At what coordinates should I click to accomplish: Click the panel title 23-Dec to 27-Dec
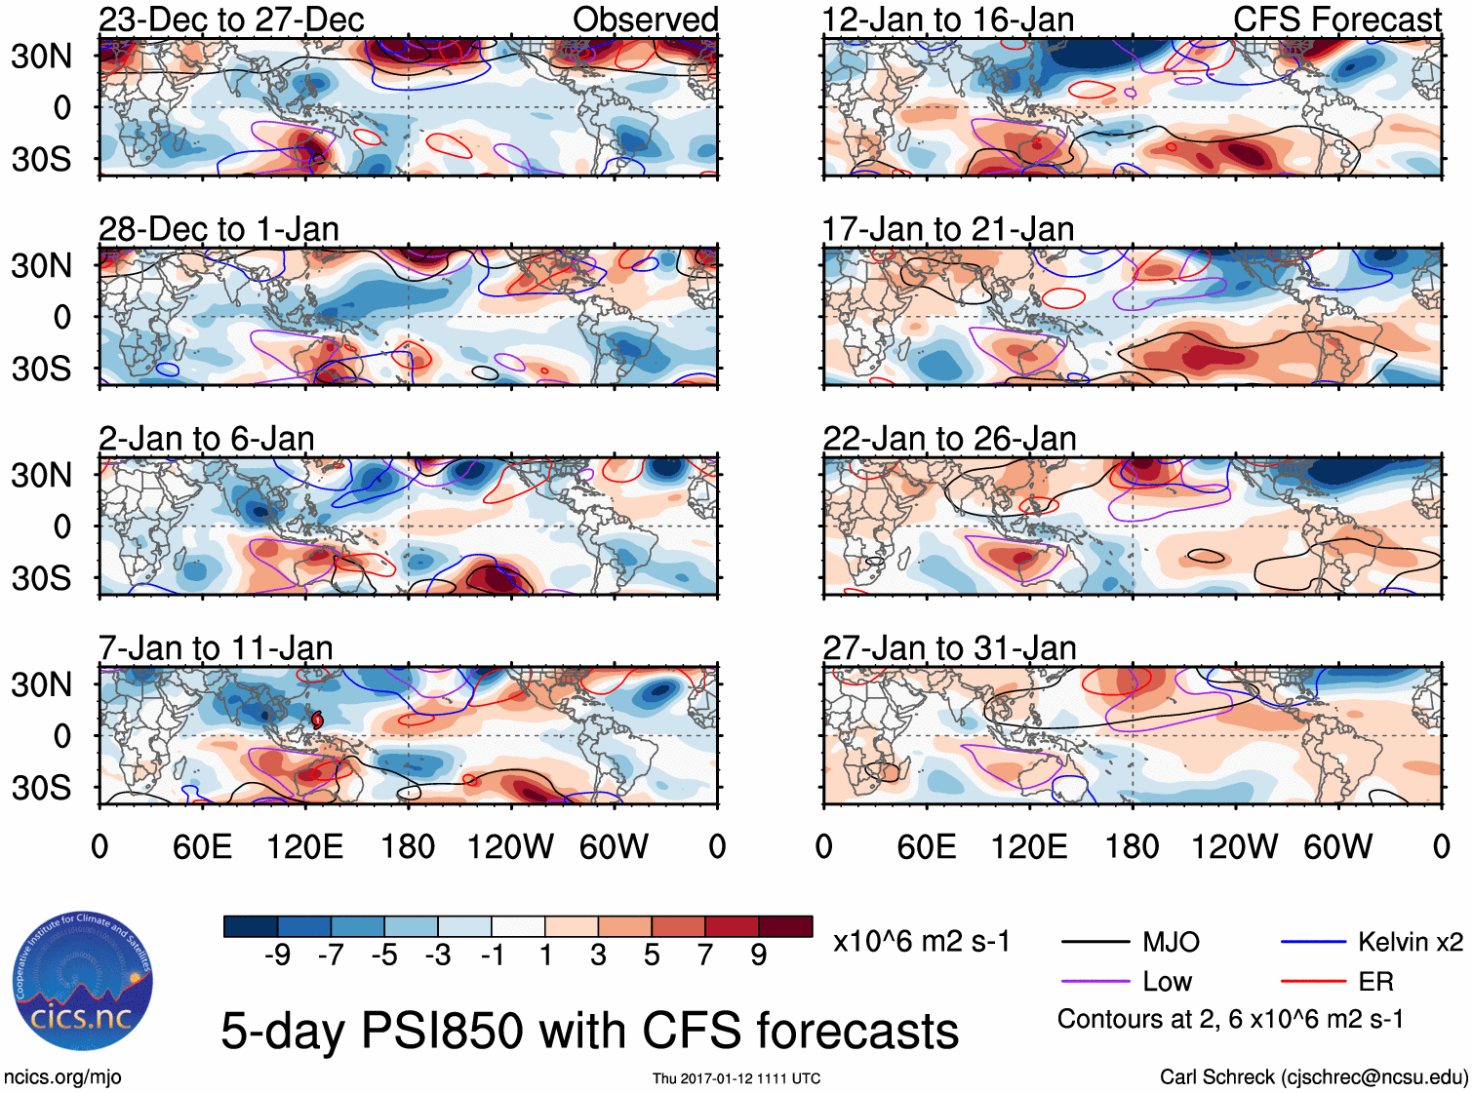[231, 20]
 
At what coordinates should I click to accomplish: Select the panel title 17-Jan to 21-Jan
[948, 229]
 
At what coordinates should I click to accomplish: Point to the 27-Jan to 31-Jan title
[949, 647]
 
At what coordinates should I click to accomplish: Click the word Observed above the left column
[645, 20]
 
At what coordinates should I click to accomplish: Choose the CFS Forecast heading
[1336, 20]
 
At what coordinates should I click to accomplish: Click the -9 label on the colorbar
[278, 955]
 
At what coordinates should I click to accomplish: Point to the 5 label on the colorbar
[652, 955]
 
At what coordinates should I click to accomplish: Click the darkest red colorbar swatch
[785, 926]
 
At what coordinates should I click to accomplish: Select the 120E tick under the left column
[305, 846]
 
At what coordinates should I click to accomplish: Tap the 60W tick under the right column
[1337, 846]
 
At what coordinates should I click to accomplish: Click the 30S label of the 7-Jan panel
[41, 788]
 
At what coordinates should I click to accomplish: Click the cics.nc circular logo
[82, 982]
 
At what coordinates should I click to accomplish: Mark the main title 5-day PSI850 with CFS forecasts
[589, 1031]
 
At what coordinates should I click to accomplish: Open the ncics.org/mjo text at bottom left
[62, 1077]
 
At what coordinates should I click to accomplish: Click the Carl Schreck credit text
[1313, 1077]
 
